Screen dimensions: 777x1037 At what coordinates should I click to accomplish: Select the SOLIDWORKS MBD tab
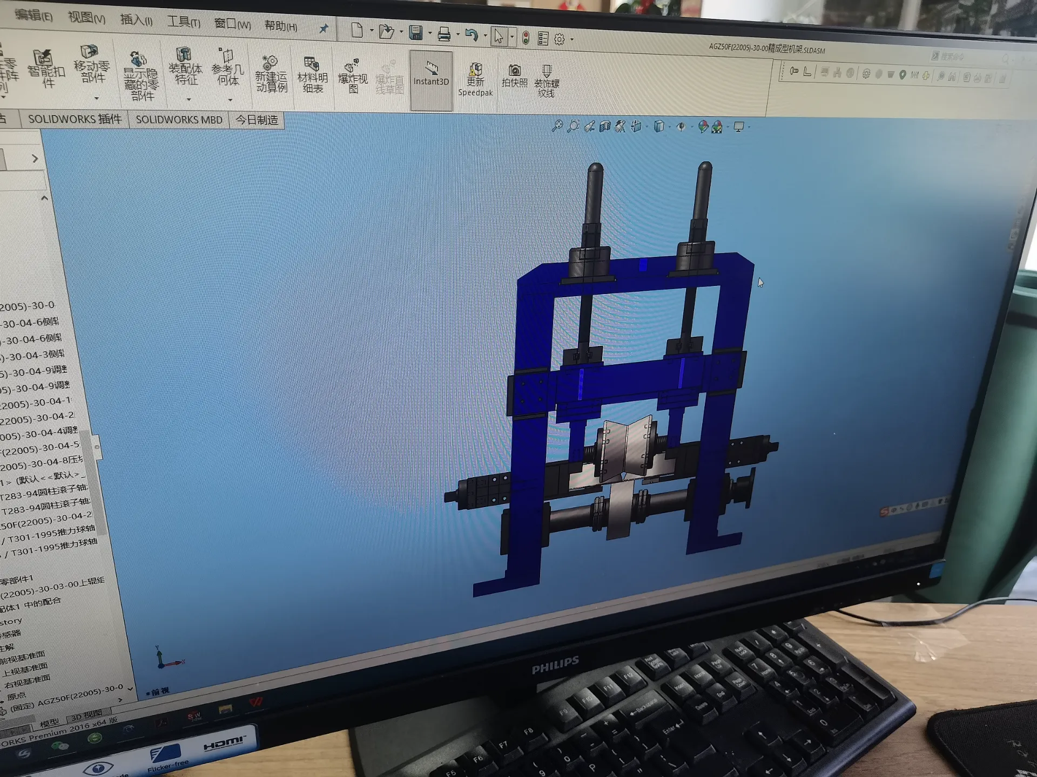(x=179, y=119)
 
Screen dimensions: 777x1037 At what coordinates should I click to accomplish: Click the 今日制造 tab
(x=257, y=120)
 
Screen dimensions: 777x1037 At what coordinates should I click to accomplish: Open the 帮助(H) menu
(x=280, y=25)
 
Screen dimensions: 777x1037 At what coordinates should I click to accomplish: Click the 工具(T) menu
(x=183, y=22)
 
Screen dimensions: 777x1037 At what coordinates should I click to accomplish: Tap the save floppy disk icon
(x=415, y=33)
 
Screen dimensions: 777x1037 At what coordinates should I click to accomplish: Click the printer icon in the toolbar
(x=444, y=35)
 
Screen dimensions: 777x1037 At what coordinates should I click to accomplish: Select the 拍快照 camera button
(x=514, y=76)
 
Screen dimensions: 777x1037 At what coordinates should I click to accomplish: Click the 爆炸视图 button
(x=352, y=77)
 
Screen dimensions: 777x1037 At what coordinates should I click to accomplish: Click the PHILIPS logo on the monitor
(x=555, y=665)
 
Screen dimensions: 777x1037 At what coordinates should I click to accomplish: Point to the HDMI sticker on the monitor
(x=224, y=744)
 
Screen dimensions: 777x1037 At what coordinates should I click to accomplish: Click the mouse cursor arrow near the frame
(x=760, y=283)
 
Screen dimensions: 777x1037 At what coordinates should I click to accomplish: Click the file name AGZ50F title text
(x=766, y=49)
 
